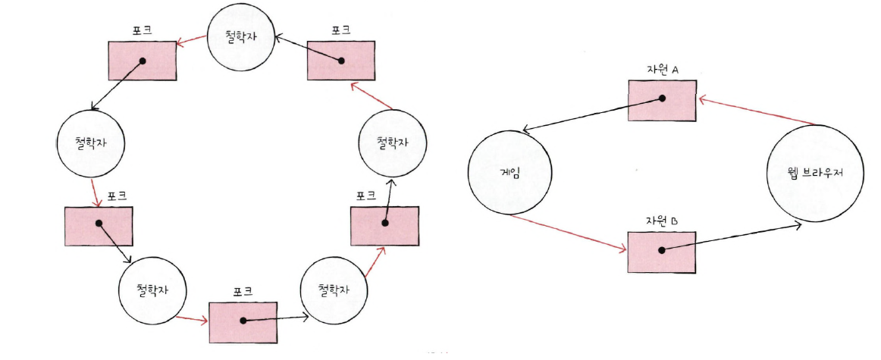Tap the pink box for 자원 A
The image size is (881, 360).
[662, 99]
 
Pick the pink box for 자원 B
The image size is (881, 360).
[662, 250]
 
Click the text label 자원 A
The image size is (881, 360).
[662, 70]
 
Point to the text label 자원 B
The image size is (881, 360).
[662, 221]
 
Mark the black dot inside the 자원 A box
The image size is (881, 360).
[662, 99]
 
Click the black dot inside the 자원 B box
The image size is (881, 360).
[662, 250]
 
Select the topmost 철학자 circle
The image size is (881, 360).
[242, 36]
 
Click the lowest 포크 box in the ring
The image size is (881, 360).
[242, 321]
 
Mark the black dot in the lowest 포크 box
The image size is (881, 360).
[243, 321]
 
